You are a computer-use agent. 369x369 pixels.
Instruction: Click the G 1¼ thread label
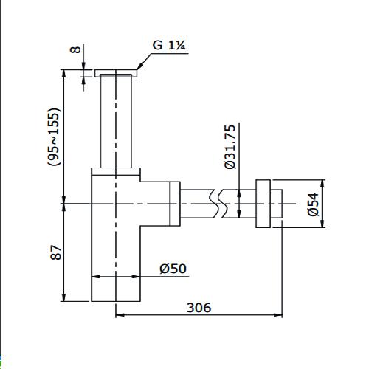(168, 46)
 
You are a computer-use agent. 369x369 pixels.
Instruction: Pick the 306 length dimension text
(198, 306)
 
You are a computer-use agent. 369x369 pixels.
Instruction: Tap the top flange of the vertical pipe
(116, 72)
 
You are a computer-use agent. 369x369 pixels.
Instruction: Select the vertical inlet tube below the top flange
(116, 122)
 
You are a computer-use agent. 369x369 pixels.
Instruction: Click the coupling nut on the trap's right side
(174, 204)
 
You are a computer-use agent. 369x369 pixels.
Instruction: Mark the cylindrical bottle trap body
(115, 244)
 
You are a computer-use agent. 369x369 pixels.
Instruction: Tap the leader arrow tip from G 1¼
(137, 72)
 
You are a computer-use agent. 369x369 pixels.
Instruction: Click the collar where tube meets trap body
(116, 171)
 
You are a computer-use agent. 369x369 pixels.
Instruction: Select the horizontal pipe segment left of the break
(195, 203)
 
